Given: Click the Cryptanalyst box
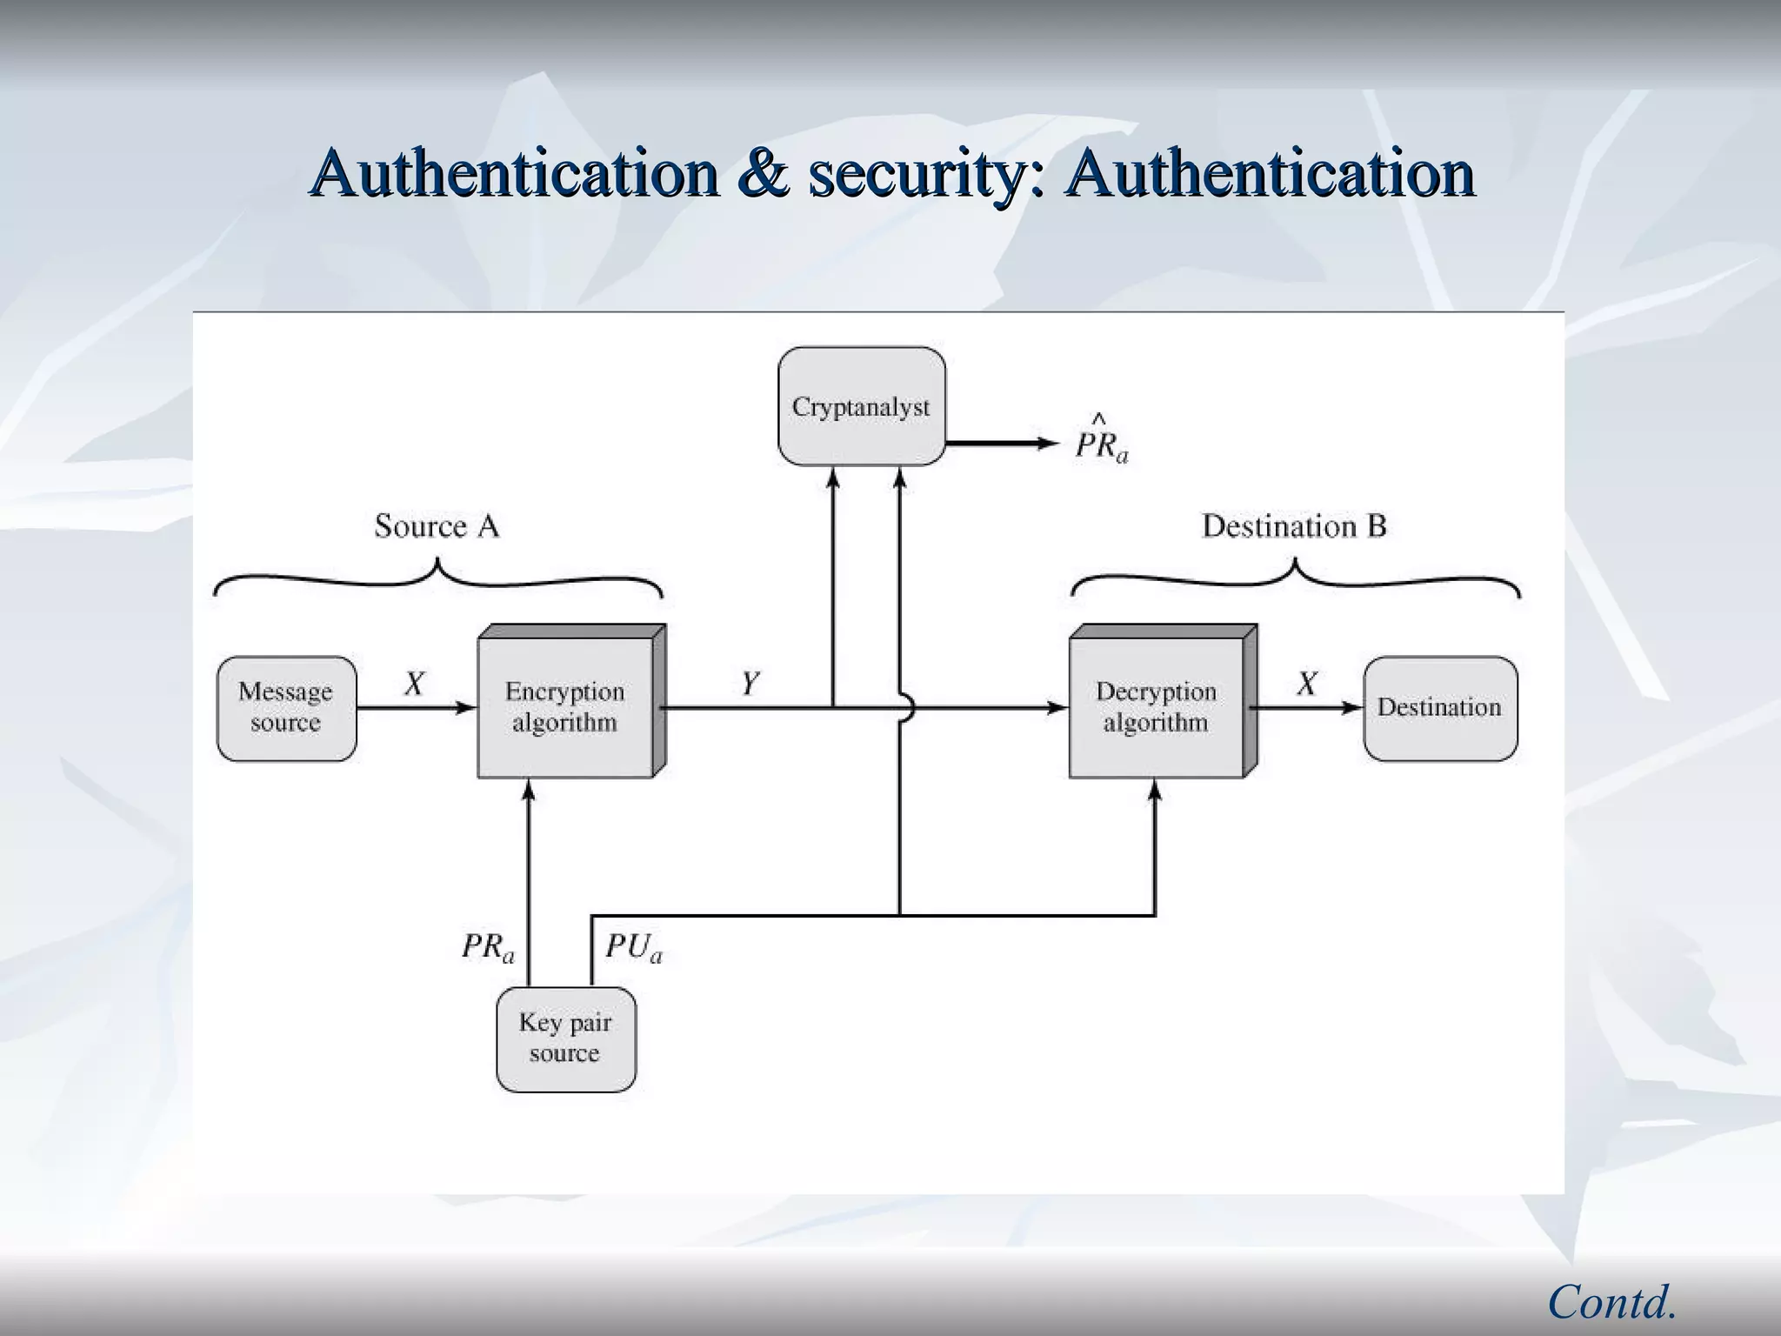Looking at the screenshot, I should pyautogui.click(x=861, y=406).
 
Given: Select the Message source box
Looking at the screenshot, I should pyautogui.click(x=286, y=708).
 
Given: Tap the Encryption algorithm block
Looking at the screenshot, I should pyautogui.click(x=565, y=706).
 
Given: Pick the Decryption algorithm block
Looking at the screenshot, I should pyautogui.click(x=1157, y=706).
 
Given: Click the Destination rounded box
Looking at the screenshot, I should pyautogui.click(x=1439, y=708).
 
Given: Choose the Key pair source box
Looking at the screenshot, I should pyautogui.click(x=565, y=1039).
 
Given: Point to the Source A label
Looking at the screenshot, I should pyautogui.click(x=437, y=526).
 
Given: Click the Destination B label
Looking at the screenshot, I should pyautogui.click(x=1293, y=526).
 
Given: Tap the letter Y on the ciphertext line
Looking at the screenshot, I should pyautogui.click(x=750, y=684).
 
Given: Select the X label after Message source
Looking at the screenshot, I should pyautogui.click(x=414, y=684).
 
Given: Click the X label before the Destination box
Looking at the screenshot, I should pyautogui.click(x=1306, y=684).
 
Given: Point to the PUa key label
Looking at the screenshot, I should pyautogui.click(x=633, y=946).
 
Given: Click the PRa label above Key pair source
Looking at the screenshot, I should pyautogui.click(x=487, y=946).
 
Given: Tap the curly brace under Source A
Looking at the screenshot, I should pyautogui.click(x=437, y=578).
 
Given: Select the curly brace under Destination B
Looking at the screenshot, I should pyautogui.click(x=1295, y=578).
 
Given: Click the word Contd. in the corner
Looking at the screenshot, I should pyautogui.click(x=1611, y=1302).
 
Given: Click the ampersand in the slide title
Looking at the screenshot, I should pyautogui.click(x=764, y=172).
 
